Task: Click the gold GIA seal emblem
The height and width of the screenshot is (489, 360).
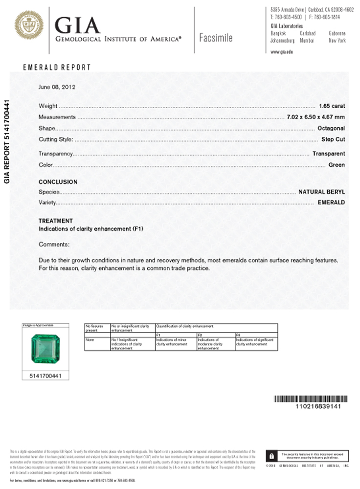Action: pos(29,26)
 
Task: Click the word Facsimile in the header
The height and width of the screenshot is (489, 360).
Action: pos(216,38)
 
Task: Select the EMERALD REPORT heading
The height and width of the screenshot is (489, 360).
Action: pos(57,67)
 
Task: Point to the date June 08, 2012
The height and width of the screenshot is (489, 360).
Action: pos(57,87)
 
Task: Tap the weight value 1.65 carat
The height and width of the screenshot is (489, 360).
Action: pos(331,106)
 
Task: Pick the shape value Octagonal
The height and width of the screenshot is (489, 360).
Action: pos(331,129)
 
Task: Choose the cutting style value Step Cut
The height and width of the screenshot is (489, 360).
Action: pos(333,140)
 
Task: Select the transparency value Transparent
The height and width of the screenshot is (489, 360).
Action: pos(329,154)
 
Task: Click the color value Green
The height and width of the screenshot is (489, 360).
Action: pos(337,165)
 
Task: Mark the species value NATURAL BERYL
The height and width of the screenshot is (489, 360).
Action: pos(321,191)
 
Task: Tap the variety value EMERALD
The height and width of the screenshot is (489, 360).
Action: pos(331,202)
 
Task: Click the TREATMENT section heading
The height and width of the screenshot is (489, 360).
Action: pos(56,221)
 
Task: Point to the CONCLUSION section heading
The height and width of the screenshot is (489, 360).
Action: pos(58,182)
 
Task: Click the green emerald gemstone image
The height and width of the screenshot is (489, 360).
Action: pos(45,349)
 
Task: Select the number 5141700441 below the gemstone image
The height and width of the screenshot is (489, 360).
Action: pos(45,376)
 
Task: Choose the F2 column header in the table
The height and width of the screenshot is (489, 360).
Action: pos(200,334)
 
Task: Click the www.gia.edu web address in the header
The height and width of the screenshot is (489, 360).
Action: pos(281,51)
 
